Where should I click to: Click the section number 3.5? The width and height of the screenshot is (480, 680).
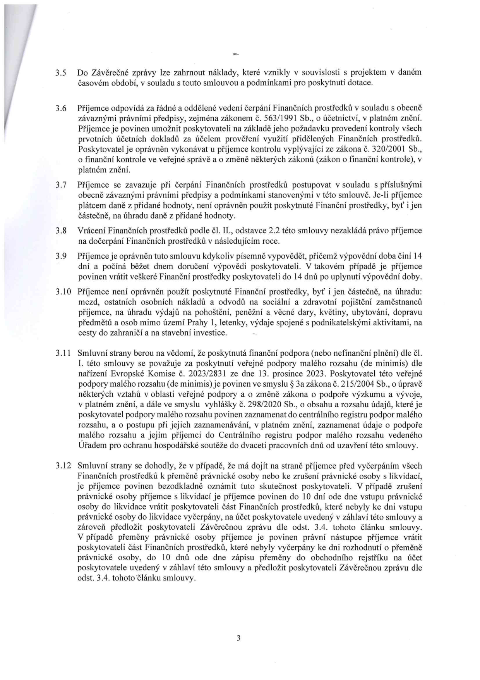pos(61,72)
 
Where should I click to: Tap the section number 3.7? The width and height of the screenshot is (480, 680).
pos(61,185)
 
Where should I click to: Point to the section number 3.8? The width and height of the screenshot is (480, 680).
pos(61,231)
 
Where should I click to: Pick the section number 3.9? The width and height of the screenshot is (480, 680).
pos(61,256)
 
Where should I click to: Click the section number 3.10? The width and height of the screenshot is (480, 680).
pos(62,291)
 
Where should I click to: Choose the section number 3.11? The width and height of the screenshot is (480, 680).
pos(62,353)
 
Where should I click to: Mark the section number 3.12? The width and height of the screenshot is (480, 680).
pos(62,466)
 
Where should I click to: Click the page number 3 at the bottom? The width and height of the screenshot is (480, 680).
pos(238,638)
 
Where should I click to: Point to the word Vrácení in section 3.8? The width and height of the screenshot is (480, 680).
pos(91,231)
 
